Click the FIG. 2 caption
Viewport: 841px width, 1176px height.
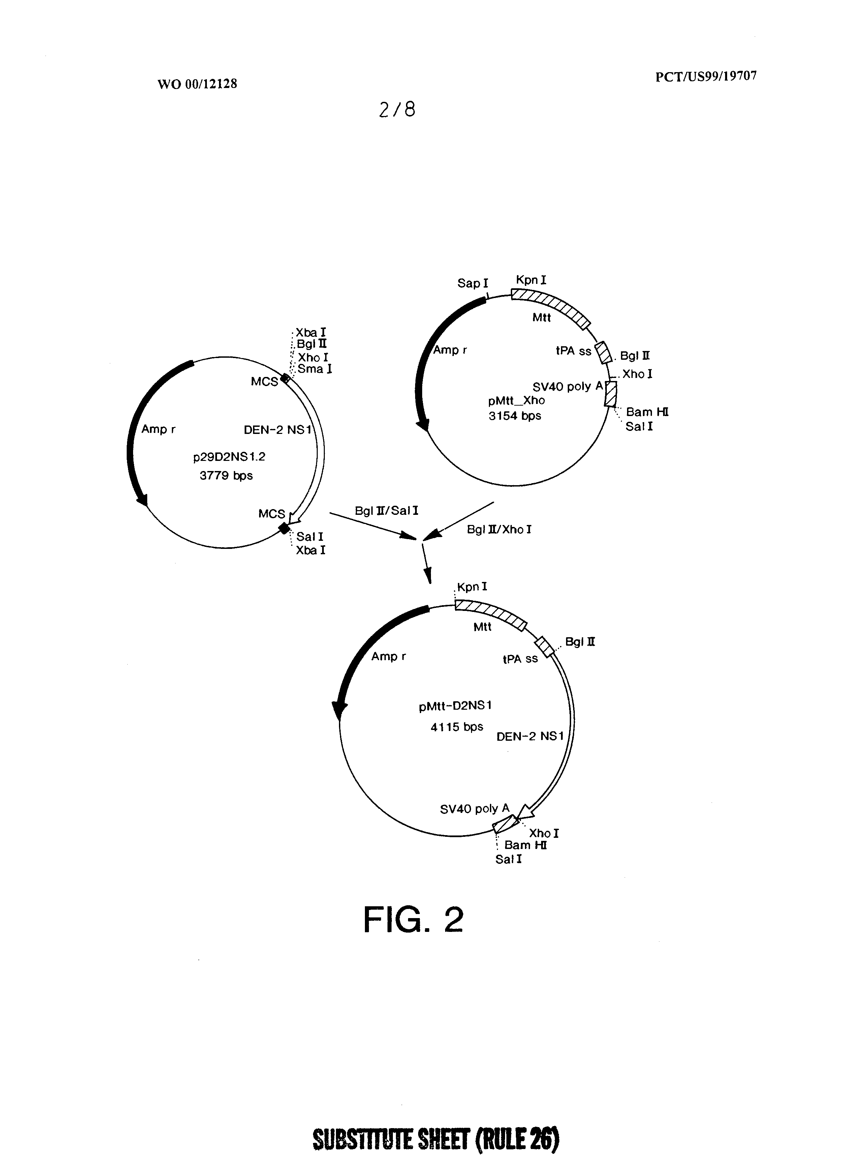click(413, 920)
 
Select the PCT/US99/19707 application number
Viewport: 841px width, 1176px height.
click(706, 77)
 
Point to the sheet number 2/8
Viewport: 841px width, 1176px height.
click(397, 109)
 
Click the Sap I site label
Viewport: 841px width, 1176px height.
click(472, 284)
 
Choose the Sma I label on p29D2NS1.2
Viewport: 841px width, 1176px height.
click(314, 369)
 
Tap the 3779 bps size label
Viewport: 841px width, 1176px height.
click(226, 476)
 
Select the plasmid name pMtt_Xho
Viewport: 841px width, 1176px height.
click(516, 401)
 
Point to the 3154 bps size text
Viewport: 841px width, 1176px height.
click(515, 416)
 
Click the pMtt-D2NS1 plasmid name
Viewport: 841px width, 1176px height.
click(455, 706)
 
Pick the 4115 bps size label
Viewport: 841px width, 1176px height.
click(457, 727)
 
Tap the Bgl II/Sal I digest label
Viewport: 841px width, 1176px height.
click(386, 511)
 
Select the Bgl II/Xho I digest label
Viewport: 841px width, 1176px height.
click(499, 529)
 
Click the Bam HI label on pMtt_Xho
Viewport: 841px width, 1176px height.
click(647, 412)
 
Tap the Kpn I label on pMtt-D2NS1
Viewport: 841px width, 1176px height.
click(472, 587)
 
